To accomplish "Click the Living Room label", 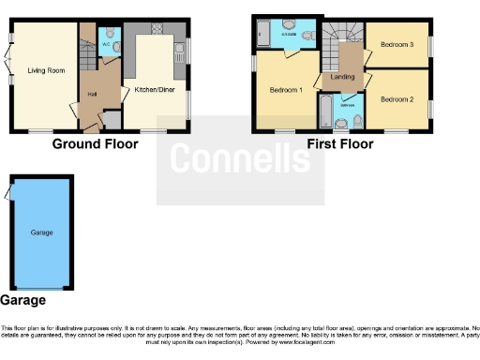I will coord(42,71).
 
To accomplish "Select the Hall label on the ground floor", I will coord(93,94).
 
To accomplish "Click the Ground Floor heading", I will coord(95,144).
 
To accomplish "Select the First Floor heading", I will coord(339,144).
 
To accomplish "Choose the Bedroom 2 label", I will coord(398,98).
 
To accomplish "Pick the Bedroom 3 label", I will coord(398,44).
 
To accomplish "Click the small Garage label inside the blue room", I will coord(40,232).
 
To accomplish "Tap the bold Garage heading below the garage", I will coord(22,301).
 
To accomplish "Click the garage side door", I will coord(7,192).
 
